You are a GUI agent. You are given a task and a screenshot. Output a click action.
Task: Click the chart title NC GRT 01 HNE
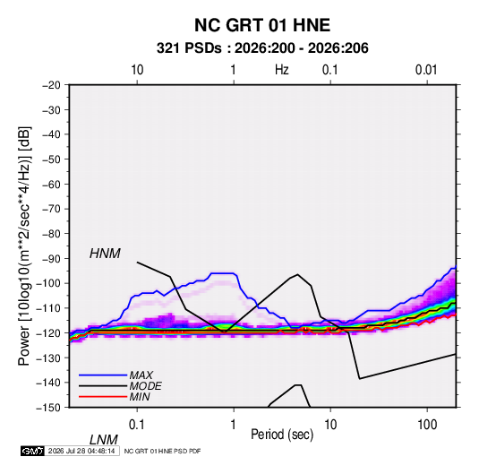[x=262, y=25]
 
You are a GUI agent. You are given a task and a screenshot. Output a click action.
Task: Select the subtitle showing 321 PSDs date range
[x=262, y=48]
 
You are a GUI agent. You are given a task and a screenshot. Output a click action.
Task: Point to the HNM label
[x=105, y=254]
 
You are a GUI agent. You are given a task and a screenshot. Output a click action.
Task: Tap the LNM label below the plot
[x=104, y=440]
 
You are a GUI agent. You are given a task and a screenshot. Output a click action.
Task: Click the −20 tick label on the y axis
[x=51, y=85]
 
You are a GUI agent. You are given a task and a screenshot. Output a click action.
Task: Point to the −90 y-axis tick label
[x=51, y=259]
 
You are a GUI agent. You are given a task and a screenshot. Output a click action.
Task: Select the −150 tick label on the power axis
[x=48, y=408]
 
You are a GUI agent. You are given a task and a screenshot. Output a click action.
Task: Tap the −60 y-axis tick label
[x=51, y=184]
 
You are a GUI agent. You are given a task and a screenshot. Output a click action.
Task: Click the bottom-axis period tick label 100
[x=427, y=425]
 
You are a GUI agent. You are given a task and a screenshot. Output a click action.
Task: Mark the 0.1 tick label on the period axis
[x=136, y=425]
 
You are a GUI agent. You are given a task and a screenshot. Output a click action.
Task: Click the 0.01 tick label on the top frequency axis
[x=426, y=70]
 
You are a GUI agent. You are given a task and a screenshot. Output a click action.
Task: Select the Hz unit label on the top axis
[x=282, y=70]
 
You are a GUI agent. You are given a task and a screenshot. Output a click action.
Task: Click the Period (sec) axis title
[x=282, y=435]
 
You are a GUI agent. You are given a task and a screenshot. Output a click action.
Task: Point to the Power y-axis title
[x=24, y=246]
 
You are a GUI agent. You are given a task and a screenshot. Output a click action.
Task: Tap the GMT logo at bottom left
[x=32, y=451]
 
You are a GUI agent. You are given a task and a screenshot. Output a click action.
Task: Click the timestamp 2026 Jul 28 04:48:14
[x=81, y=451]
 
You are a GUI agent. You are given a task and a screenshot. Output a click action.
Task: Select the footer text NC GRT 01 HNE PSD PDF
[x=163, y=451]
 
